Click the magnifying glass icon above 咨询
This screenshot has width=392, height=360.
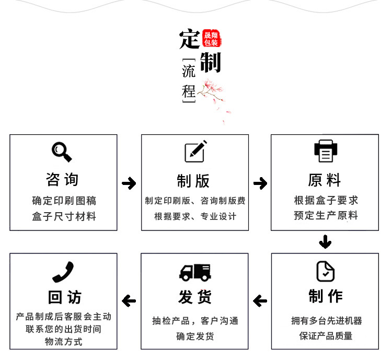point(62,152)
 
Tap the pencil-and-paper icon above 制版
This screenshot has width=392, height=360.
point(195,151)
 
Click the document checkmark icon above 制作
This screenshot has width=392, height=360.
point(325,271)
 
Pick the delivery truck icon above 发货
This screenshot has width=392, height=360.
point(195,272)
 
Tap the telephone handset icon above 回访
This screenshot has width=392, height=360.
point(63,272)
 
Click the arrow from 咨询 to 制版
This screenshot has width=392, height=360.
point(129,183)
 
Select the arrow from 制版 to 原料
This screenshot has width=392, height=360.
point(260,183)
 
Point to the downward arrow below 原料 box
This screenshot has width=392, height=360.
point(325,242)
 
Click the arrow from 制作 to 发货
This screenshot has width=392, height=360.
point(260,301)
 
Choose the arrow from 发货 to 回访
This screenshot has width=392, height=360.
point(129,301)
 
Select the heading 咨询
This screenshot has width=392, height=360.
point(63,180)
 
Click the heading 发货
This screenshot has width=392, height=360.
point(195,297)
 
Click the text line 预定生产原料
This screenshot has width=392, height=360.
point(325,215)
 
